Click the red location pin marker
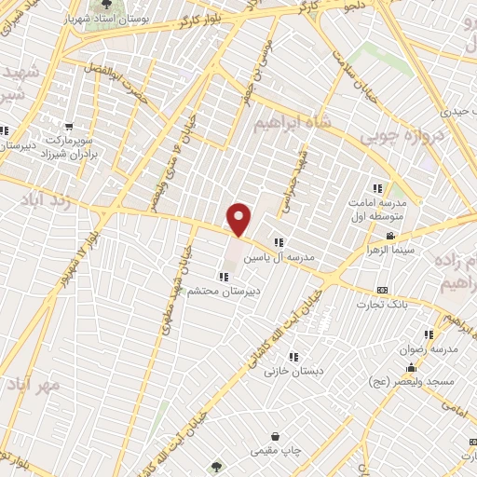pos(239,219)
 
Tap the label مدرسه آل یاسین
pos(279,257)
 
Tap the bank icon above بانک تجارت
pos(382,291)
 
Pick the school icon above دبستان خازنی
pos(293,357)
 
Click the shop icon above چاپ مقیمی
pos(276,436)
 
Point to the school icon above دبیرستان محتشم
pos(223,276)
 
